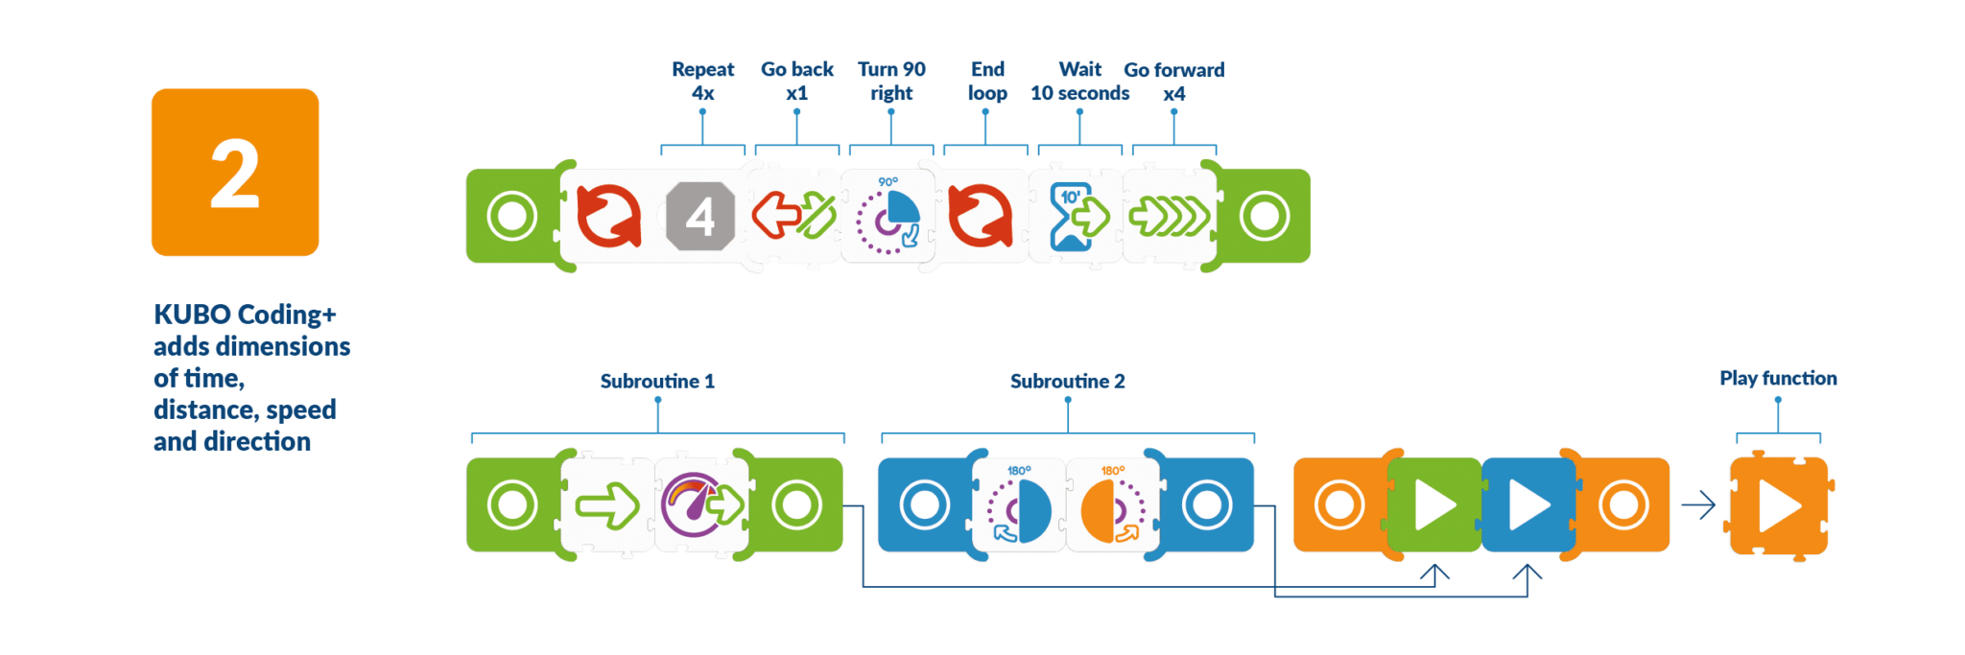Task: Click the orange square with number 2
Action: point(235,173)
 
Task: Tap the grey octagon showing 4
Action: point(700,217)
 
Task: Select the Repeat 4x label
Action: point(702,82)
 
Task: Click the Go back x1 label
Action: point(796,82)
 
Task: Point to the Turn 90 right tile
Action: point(888,216)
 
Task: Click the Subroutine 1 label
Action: point(657,381)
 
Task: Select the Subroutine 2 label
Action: point(1067,381)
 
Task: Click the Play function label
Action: point(1778,378)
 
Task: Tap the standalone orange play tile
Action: point(1778,506)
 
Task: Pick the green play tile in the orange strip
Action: point(1434,505)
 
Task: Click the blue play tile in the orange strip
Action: point(1528,505)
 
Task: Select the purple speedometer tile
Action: point(701,504)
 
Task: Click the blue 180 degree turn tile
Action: point(1019,505)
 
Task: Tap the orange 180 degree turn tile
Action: point(1112,505)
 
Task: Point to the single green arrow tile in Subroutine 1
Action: point(607,505)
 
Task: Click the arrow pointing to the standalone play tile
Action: point(1698,505)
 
